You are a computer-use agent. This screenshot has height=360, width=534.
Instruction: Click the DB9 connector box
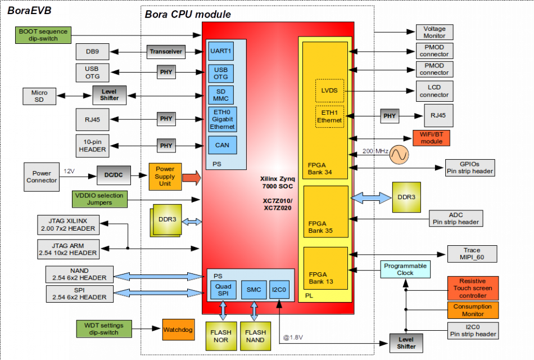click(92, 52)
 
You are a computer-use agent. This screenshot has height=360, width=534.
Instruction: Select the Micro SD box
click(39, 96)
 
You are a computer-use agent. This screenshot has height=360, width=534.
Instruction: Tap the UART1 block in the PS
click(221, 51)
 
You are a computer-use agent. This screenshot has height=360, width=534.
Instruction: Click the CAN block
click(222, 145)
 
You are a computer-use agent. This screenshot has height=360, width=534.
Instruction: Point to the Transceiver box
click(166, 52)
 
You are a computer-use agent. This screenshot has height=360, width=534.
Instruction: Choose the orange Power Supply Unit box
click(165, 176)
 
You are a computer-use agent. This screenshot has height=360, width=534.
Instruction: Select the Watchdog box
click(177, 329)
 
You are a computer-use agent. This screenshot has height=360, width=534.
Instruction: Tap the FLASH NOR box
click(221, 336)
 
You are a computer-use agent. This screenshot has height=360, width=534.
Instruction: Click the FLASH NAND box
click(255, 336)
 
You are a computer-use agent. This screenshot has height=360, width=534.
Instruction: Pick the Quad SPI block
click(223, 290)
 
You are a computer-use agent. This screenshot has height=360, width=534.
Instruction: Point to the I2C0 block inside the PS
click(279, 290)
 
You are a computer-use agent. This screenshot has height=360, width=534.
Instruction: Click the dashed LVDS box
click(329, 90)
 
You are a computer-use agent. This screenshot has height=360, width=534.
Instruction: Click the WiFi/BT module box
click(431, 138)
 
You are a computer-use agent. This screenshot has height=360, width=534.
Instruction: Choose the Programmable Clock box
click(405, 269)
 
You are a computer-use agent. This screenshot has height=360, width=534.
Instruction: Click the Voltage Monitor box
click(434, 32)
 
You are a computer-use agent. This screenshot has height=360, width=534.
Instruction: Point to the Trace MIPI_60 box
click(472, 254)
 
